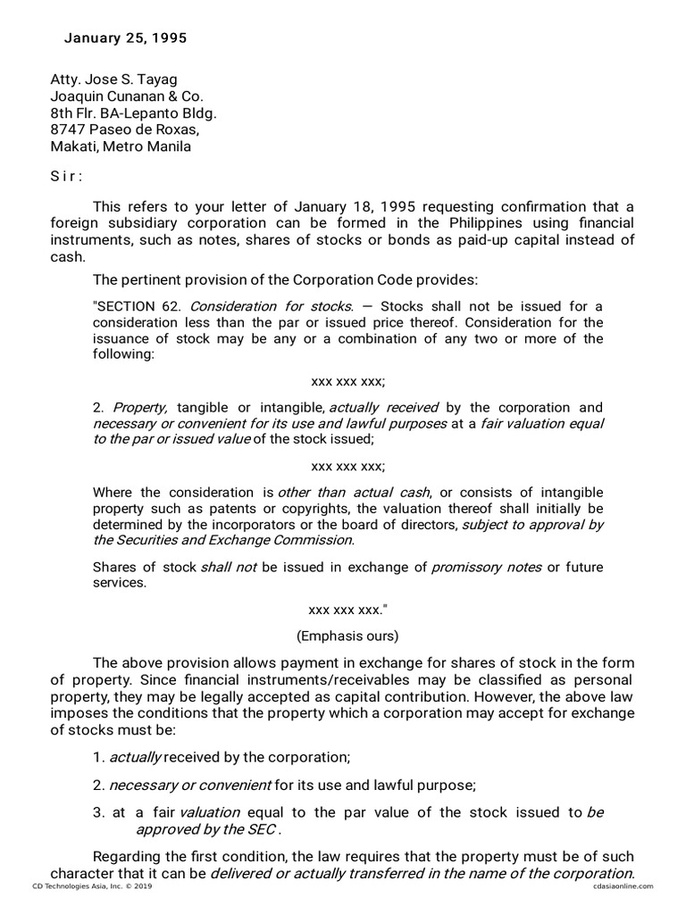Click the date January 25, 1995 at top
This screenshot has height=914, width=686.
(x=125, y=38)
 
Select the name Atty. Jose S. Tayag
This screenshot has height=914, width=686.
(x=113, y=79)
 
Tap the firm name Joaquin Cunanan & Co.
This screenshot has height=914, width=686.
(x=127, y=96)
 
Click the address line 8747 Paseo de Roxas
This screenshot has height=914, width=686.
(x=124, y=130)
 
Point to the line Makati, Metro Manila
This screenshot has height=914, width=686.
(x=121, y=147)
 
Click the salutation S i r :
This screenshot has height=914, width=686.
(x=65, y=176)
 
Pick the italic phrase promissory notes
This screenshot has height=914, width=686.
(x=486, y=568)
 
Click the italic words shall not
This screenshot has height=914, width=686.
(x=229, y=568)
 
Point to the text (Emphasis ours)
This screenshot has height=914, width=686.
(x=347, y=636)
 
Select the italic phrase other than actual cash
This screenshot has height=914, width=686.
(x=355, y=492)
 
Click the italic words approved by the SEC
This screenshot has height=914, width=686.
(x=205, y=829)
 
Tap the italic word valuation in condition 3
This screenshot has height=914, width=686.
(x=210, y=812)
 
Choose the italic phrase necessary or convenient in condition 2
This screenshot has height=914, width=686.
(x=189, y=785)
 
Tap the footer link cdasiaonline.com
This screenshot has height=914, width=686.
(x=622, y=886)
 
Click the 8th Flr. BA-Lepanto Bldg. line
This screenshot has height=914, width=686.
(x=133, y=113)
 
